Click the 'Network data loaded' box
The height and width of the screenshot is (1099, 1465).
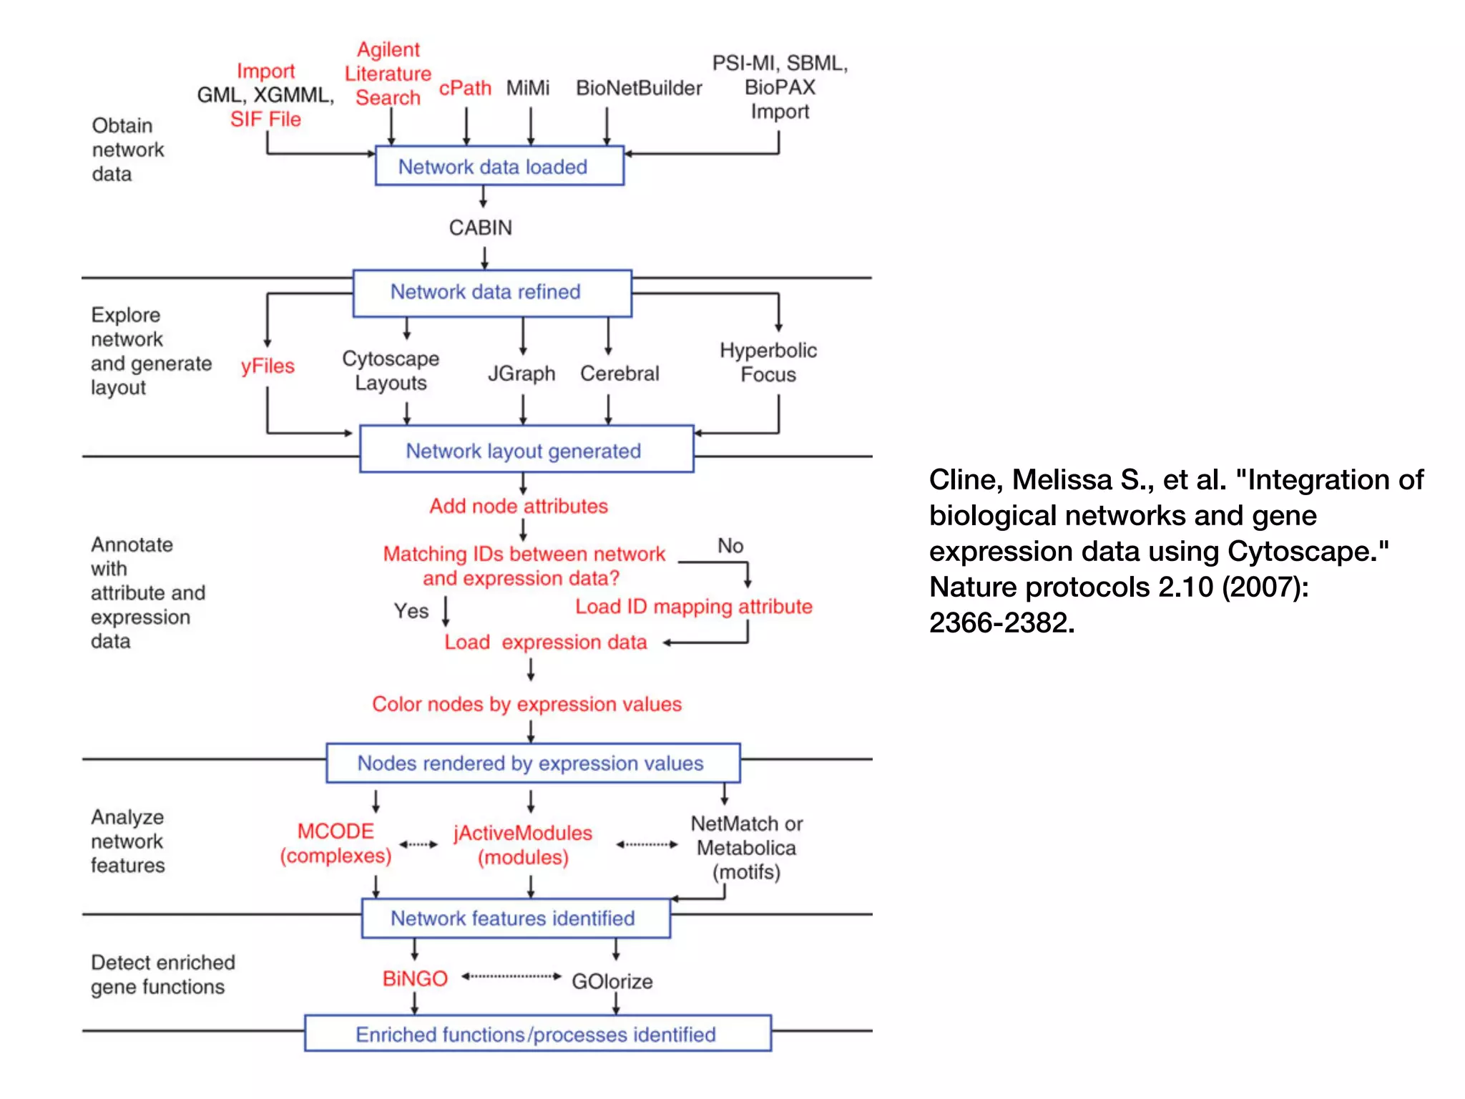click(499, 166)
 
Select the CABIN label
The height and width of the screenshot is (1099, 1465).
click(481, 228)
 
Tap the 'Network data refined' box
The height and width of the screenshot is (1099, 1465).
click(492, 292)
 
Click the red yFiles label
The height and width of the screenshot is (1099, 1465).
click(268, 366)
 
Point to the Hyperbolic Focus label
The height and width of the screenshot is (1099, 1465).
click(768, 362)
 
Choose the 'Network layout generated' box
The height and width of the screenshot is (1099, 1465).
click(526, 451)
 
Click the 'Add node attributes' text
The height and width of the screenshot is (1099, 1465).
click(519, 506)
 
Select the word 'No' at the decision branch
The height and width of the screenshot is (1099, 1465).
click(730, 546)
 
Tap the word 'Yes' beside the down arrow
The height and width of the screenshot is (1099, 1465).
click(411, 611)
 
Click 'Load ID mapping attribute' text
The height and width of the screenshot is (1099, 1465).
click(693, 607)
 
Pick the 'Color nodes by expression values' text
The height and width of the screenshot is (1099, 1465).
click(526, 704)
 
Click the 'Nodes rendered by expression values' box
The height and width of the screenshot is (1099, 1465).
click(533, 763)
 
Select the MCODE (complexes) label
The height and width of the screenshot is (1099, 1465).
click(335, 844)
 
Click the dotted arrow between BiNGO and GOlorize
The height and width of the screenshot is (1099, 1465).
click(511, 976)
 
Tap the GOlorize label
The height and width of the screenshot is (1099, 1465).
click(612, 981)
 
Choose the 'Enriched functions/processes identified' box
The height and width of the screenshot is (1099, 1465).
click(537, 1034)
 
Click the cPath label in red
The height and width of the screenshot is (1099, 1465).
click(465, 88)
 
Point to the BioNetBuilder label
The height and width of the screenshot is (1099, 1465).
click(639, 88)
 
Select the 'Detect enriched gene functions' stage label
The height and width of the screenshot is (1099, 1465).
click(162, 975)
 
